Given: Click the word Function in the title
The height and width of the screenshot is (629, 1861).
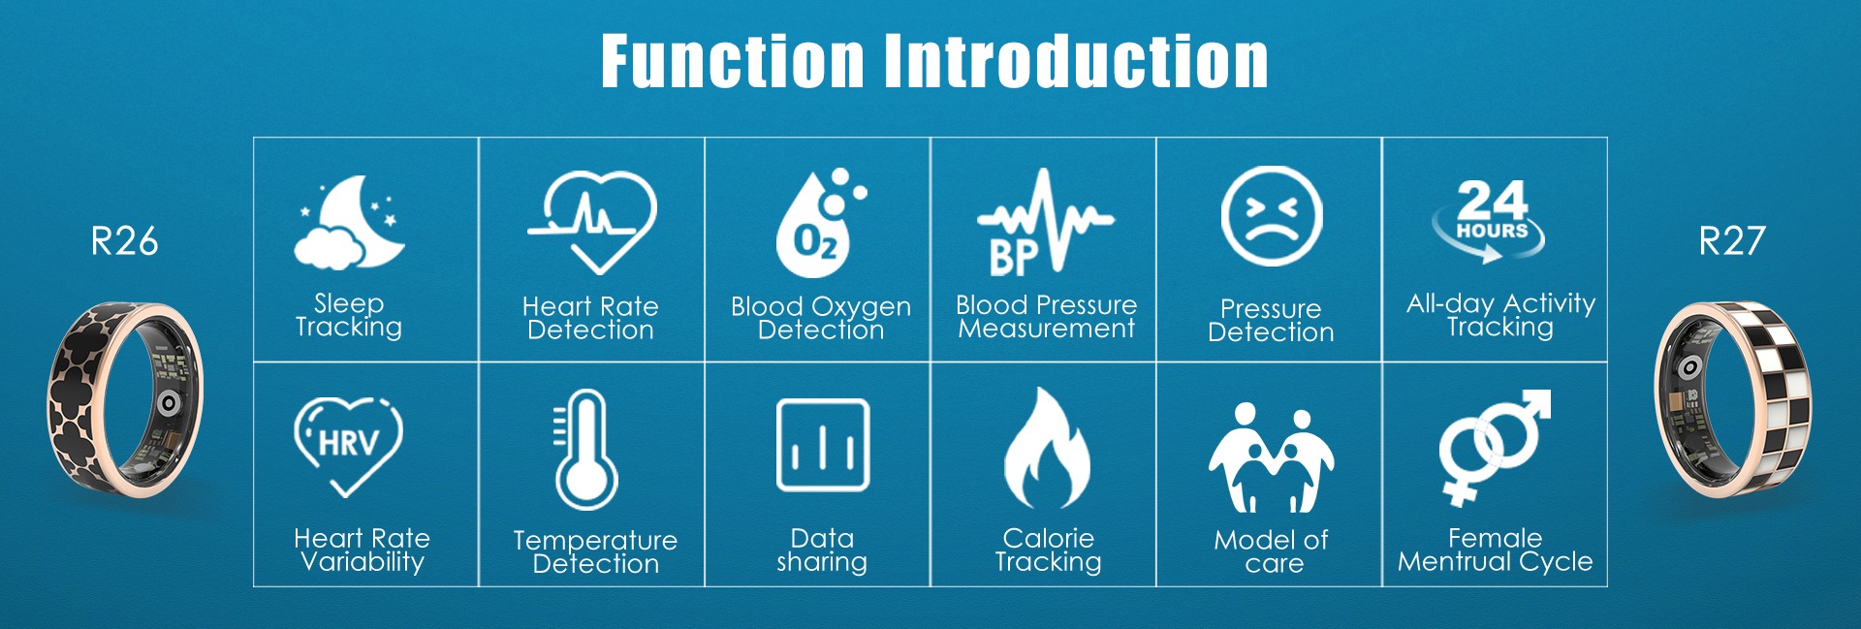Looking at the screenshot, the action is (x=732, y=61).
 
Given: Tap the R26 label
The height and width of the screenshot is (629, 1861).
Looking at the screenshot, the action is (x=124, y=241).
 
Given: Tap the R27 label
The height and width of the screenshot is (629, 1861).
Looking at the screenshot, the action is (x=1732, y=241).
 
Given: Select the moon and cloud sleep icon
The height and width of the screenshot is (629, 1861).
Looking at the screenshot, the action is (x=349, y=222).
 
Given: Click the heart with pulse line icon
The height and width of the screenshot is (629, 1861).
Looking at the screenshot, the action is (x=591, y=222).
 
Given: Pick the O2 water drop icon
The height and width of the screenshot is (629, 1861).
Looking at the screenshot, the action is (x=820, y=223).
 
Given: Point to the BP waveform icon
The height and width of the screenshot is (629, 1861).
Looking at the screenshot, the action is (x=1045, y=222).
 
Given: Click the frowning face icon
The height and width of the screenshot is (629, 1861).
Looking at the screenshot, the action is (x=1271, y=216).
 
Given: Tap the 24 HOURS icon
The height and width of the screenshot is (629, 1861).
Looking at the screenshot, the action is (x=1490, y=221).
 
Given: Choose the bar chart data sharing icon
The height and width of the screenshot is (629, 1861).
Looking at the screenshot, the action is (x=823, y=445).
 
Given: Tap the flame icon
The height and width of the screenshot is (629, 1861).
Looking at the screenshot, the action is (x=1047, y=448).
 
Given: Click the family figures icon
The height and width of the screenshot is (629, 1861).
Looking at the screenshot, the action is (x=1271, y=457).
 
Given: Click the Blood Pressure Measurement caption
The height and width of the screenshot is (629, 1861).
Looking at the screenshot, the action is (x=1046, y=317).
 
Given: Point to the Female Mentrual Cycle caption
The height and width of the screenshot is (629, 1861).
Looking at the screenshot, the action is (x=1495, y=550).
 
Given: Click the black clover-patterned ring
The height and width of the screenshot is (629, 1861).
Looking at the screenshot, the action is (x=125, y=400).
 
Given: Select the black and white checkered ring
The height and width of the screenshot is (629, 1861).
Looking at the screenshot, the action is (x=1733, y=399).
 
